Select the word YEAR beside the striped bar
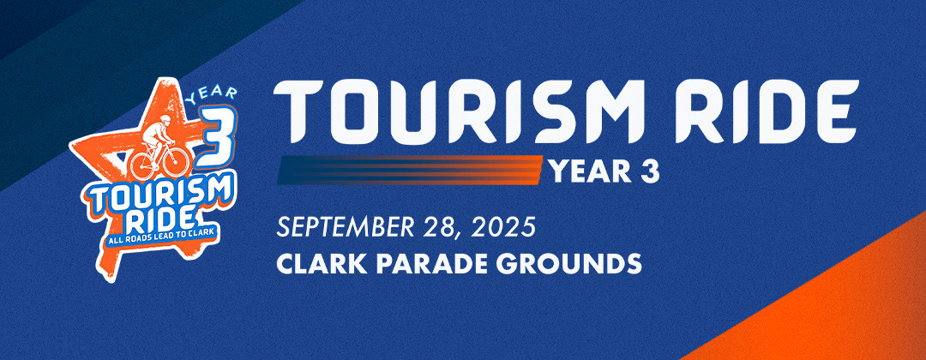tap(591, 171)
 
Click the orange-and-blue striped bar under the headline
tap(409, 170)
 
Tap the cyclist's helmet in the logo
tap(165, 118)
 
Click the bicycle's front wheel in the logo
tap(176, 161)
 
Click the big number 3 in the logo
tap(215, 137)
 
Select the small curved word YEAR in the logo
tap(212, 94)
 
